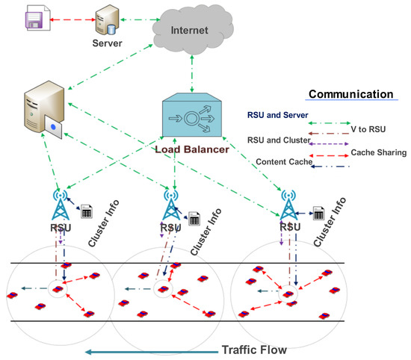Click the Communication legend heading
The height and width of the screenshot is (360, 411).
[351, 95]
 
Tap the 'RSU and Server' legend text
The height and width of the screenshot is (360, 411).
[278, 116]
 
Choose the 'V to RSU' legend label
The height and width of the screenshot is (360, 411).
[369, 128]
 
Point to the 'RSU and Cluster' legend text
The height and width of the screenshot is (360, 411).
[278, 139]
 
